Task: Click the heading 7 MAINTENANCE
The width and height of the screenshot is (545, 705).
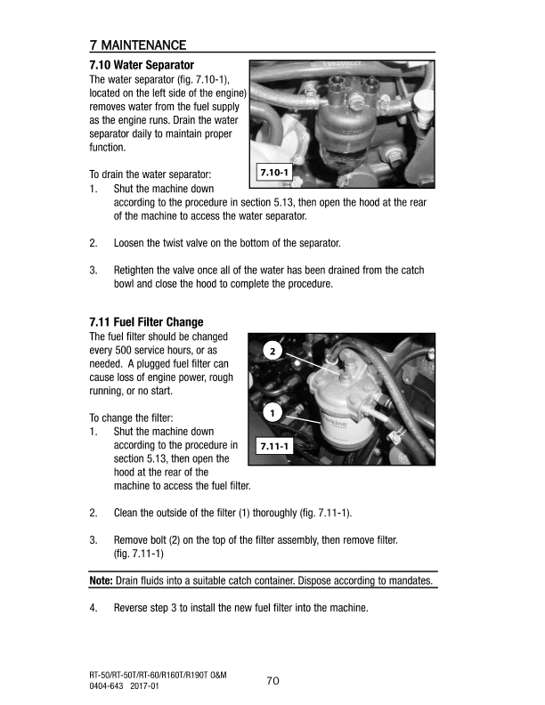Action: tap(138, 45)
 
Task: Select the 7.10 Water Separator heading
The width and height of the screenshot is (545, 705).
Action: tap(142, 65)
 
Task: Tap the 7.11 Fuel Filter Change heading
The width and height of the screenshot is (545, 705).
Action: tap(146, 322)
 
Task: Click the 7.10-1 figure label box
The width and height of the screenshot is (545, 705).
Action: tap(274, 172)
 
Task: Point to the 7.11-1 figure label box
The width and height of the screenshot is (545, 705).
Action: tap(274, 446)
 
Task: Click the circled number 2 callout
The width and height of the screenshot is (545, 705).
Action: tap(272, 351)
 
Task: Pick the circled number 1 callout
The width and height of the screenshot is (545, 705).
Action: tap(272, 412)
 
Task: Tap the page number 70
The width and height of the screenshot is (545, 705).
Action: tap(272, 681)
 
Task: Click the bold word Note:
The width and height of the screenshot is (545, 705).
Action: tap(102, 580)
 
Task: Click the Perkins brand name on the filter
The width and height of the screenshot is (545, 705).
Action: tap(335, 423)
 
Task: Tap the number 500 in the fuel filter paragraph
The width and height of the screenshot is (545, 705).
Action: tap(123, 350)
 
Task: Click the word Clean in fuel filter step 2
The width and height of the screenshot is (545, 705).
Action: tap(126, 513)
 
